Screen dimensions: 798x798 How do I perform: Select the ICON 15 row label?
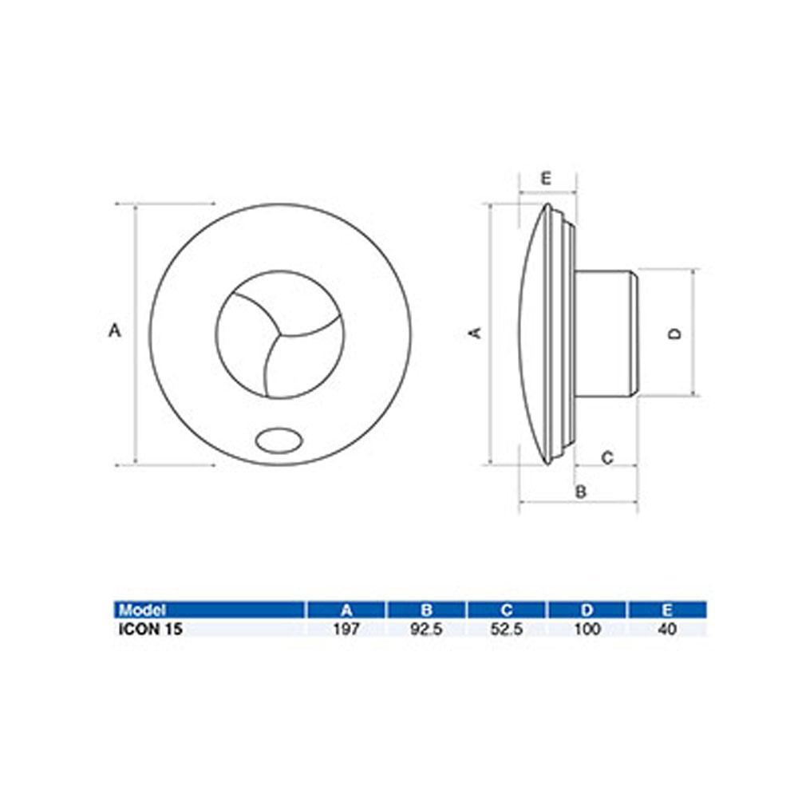tap(150, 629)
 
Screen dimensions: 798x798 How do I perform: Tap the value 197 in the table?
tap(346, 629)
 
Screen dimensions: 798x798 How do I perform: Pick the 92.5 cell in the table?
tap(427, 629)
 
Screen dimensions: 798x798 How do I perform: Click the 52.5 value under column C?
tap(507, 629)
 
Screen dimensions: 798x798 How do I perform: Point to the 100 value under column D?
tap(587, 629)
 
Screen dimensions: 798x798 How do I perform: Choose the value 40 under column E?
tap(668, 629)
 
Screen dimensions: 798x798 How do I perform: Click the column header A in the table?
tap(346, 610)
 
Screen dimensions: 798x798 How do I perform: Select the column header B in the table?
tap(427, 610)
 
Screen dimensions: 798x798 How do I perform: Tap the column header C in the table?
tap(507, 610)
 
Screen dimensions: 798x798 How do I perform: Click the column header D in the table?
tap(587, 610)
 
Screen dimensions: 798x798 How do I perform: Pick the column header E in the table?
tap(668, 610)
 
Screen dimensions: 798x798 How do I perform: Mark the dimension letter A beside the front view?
tap(114, 330)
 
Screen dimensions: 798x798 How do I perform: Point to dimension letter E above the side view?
tap(546, 179)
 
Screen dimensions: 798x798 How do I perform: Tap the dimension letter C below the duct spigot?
tap(606, 458)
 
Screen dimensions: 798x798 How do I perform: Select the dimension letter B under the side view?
tap(581, 492)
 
